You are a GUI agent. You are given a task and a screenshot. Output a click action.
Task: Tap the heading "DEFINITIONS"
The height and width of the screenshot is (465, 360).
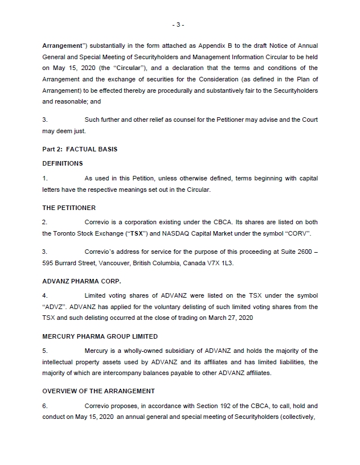pos(63,163)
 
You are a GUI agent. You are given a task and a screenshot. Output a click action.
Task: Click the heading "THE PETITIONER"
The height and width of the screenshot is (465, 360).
pos(69,208)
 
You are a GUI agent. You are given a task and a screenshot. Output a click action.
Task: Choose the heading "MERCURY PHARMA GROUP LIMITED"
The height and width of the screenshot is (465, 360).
pos(100,336)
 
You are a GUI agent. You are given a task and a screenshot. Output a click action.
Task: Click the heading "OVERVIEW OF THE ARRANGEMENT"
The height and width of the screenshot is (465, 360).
pos(98,392)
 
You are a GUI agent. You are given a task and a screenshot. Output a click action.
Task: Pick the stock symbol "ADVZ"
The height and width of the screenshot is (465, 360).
pos(55,307)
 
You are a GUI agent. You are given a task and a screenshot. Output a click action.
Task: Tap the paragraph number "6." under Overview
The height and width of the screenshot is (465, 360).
pos(45,406)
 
